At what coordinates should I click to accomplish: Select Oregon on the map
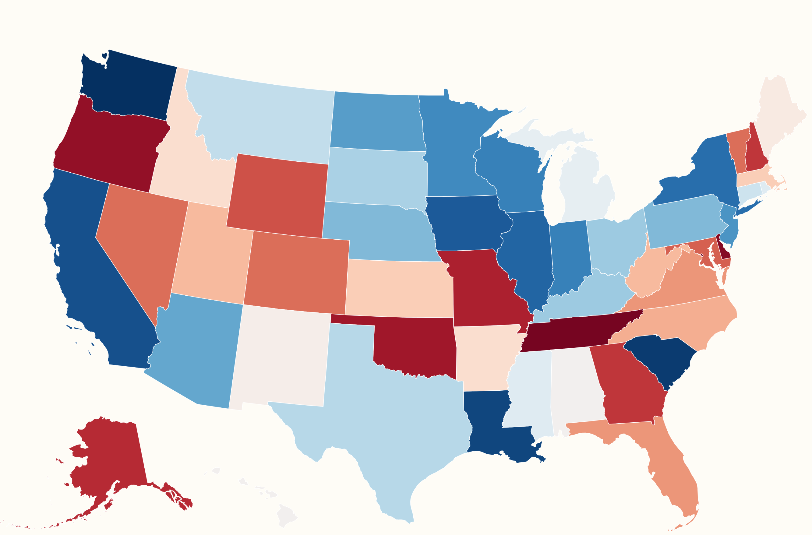click(109, 147)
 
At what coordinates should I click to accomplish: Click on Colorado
click(295, 273)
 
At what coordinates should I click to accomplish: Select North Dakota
click(376, 121)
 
